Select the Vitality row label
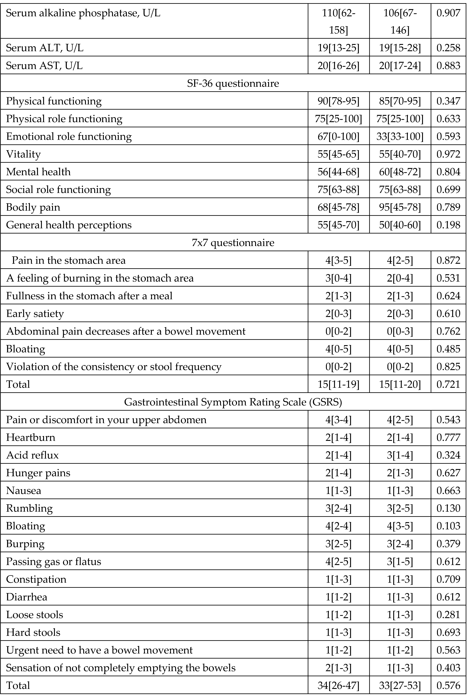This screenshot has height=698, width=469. (23, 154)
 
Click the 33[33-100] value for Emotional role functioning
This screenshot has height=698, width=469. (400, 136)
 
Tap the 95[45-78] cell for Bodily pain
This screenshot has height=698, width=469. (400, 207)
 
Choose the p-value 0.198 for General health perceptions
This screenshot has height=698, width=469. (448, 225)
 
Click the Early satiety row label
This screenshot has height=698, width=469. (35, 314)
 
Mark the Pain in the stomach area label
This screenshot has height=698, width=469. (69, 260)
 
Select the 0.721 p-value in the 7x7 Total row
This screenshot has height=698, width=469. (448, 384)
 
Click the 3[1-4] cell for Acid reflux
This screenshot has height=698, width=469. (400, 455)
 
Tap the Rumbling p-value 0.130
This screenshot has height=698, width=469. (448, 508)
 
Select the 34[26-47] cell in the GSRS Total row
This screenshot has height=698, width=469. (338, 685)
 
